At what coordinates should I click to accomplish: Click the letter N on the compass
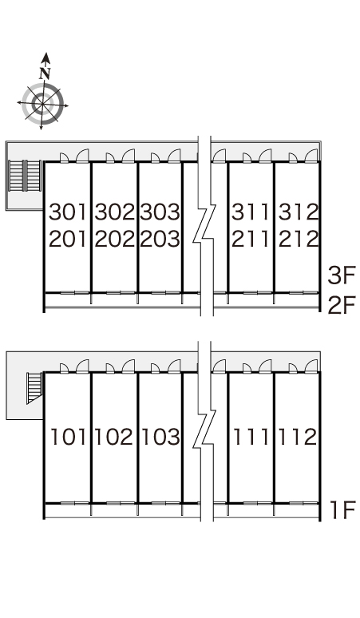tap(45, 73)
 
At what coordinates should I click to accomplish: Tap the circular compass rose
tap(43, 103)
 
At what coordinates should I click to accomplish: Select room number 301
tap(67, 212)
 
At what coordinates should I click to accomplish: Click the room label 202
tap(114, 239)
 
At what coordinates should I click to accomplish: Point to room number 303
tap(160, 212)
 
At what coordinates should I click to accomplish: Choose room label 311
tap(250, 212)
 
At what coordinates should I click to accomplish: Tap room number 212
tap(299, 239)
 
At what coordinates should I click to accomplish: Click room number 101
tap(68, 437)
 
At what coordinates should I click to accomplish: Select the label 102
tap(113, 437)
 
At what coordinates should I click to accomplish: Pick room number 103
tap(160, 437)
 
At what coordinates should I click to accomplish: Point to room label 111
tap(251, 437)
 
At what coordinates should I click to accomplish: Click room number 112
tap(298, 437)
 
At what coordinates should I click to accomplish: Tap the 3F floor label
tap(342, 275)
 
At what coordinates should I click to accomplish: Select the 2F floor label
tap(342, 305)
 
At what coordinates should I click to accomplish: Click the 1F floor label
tap(342, 510)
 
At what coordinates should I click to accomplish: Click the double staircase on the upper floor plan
tap(26, 176)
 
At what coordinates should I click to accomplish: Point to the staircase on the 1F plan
tap(34, 388)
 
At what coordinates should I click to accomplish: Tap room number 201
tap(67, 239)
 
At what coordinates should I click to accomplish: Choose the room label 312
tap(299, 212)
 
